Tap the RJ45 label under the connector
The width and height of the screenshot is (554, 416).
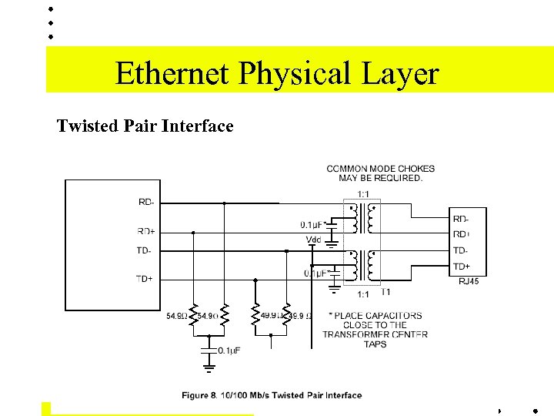click(469, 282)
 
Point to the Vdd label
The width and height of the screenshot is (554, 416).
click(314, 240)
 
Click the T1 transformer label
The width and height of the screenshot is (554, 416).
click(385, 292)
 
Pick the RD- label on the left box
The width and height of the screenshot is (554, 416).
click(146, 203)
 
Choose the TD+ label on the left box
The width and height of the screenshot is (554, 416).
click(145, 279)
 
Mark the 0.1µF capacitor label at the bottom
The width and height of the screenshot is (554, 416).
click(229, 351)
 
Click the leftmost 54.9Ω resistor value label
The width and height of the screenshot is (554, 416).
click(176, 316)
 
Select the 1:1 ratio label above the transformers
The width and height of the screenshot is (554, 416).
click(363, 193)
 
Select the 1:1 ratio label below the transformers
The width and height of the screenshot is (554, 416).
click(363, 294)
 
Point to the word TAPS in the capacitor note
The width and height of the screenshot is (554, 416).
click(375, 344)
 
